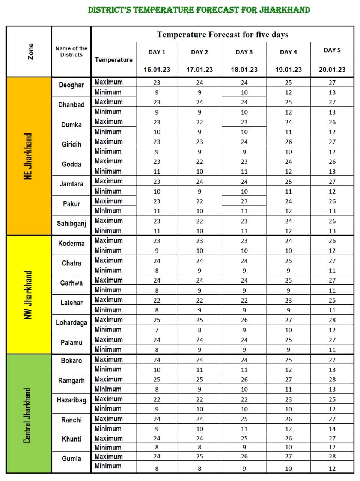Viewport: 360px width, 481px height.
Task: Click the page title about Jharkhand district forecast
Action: (x=199, y=10)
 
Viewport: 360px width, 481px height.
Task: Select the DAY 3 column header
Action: (x=244, y=52)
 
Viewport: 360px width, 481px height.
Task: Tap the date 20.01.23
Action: (x=332, y=70)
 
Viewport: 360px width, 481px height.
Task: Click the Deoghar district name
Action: (x=71, y=85)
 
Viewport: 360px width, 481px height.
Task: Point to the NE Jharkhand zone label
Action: (x=29, y=156)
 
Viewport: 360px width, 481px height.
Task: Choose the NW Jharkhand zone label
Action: (x=29, y=295)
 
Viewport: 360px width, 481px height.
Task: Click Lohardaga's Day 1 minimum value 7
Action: (x=157, y=330)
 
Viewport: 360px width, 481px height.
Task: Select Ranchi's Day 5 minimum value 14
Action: (x=332, y=429)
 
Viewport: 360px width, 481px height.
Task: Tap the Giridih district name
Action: (x=71, y=144)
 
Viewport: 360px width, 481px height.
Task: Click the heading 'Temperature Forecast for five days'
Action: (x=223, y=35)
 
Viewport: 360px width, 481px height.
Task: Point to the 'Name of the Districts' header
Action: (x=71, y=51)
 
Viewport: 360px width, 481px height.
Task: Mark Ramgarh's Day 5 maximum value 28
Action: (x=332, y=380)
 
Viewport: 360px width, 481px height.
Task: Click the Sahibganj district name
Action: (x=71, y=224)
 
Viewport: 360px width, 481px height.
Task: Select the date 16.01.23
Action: (x=157, y=70)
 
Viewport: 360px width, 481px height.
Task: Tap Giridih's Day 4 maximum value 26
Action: (x=288, y=142)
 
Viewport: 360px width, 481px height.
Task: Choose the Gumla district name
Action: (x=71, y=458)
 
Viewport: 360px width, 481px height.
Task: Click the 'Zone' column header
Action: (x=31, y=51)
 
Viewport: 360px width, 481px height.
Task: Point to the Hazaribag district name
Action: (x=71, y=400)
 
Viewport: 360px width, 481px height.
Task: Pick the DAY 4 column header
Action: (x=288, y=52)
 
